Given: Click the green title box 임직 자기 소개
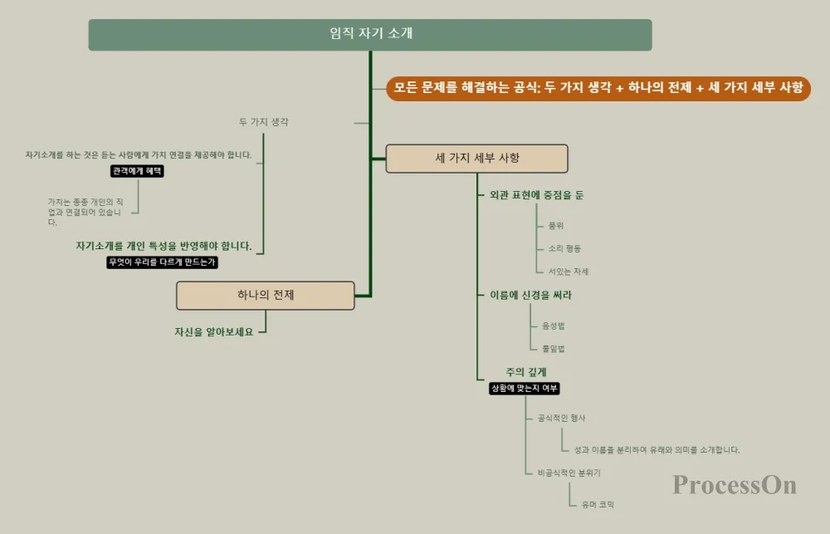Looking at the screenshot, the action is [x=370, y=35].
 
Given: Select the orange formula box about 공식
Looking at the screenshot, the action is [x=598, y=88].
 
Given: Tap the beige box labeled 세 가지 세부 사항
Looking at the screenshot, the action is [x=476, y=159].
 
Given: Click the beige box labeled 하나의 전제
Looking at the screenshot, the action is [x=266, y=296].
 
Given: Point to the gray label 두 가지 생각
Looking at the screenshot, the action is [x=264, y=122].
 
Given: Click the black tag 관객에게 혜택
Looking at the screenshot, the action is [x=138, y=171].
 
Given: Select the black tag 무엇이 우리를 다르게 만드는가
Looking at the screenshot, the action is [x=163, y=262].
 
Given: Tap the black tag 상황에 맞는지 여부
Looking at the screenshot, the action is [x=525, y=388].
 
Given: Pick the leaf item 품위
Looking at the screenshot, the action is [x=556, y=225].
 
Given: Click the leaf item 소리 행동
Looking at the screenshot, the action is [x=564, y=248].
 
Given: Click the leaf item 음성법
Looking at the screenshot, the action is [x=554, y=326].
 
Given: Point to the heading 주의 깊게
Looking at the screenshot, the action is [x=526, y=372].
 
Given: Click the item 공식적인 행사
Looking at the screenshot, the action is [x=562, y=418].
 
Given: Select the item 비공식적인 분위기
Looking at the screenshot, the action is [x=569, y=473].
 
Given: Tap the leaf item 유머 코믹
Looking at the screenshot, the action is [x=598, y=504].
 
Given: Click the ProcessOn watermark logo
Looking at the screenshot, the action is [x=735, y=485].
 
